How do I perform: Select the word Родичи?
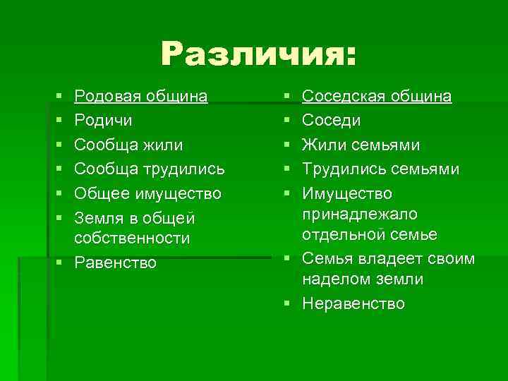tap(102, 121)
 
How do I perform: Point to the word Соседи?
tap(331, 121)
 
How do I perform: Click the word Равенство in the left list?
tap(115, 263)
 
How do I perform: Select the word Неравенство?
tap(353, 303)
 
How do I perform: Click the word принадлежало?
tap(360, 214)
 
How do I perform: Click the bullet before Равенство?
tap(62, 263)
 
